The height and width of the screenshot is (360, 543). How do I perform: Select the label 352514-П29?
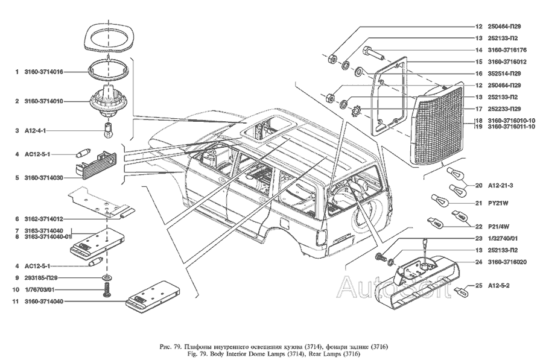505,73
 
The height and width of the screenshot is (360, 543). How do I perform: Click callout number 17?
478,109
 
